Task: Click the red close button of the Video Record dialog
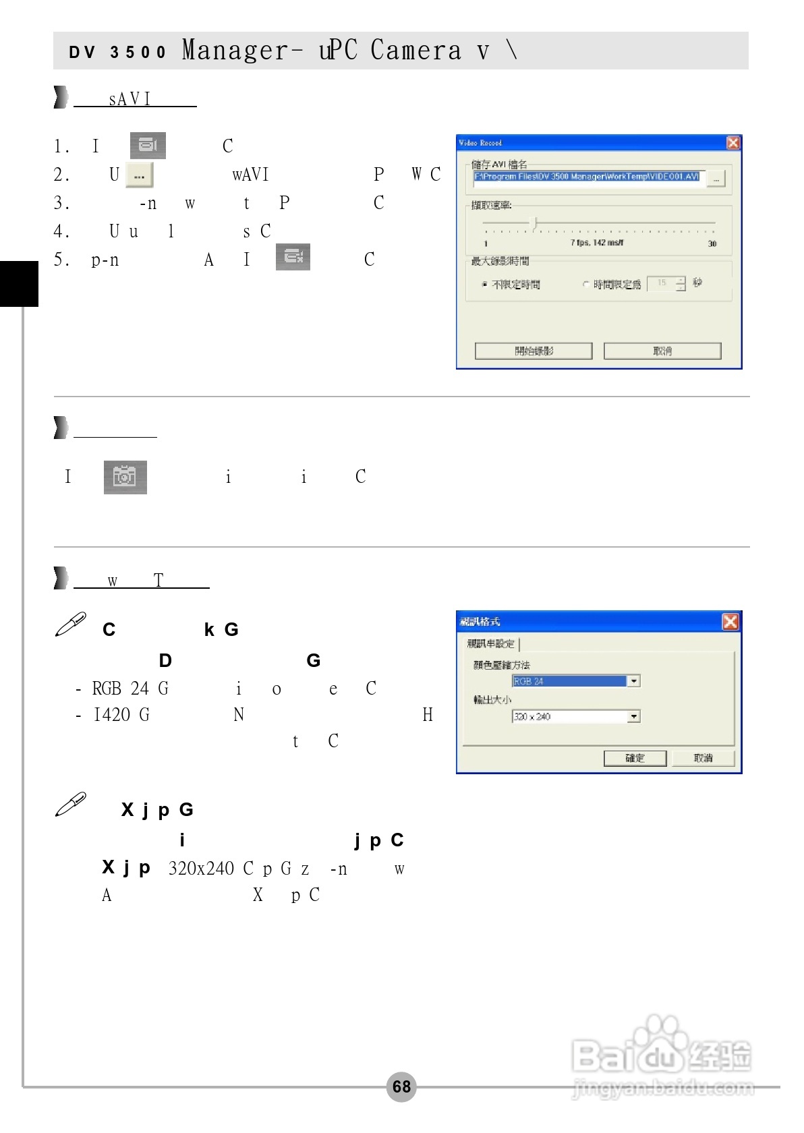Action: [x=733, y=143]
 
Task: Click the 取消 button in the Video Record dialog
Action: [x=662, y=351]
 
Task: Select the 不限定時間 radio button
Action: [x=485, y=285]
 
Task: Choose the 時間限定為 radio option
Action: [x=585, y=285]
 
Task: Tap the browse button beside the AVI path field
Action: [x=716, y=179]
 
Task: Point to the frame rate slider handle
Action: [x=535, y=223]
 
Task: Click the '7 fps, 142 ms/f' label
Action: [x=597, y=243]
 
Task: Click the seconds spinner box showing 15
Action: [x=662, y=283]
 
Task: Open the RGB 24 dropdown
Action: [x=633, y=681]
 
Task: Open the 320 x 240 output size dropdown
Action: [x=633, y=716]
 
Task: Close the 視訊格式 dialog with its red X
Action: [x=730, y=621]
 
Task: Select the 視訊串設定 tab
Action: [x=491, y=643]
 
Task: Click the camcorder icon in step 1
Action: [x=148, y=146]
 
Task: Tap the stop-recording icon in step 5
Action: [x=293, y=257]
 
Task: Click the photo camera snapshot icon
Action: [x=125, y=477]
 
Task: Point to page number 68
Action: [x=401, y=1086]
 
